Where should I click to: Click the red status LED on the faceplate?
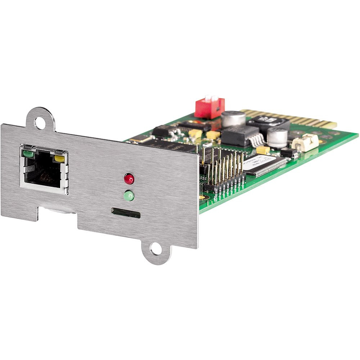tap(129, 178)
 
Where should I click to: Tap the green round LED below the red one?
tap(129, 196)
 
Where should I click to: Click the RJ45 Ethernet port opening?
tap(43, 172)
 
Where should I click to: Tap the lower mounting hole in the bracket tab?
tap(156, 249)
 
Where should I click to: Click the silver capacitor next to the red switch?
tap(233, 119)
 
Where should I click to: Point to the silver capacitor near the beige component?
tap(278, 138)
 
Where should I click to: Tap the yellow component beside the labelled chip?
tap(263, 150)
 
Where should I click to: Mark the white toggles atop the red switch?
tap(212, 99)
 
